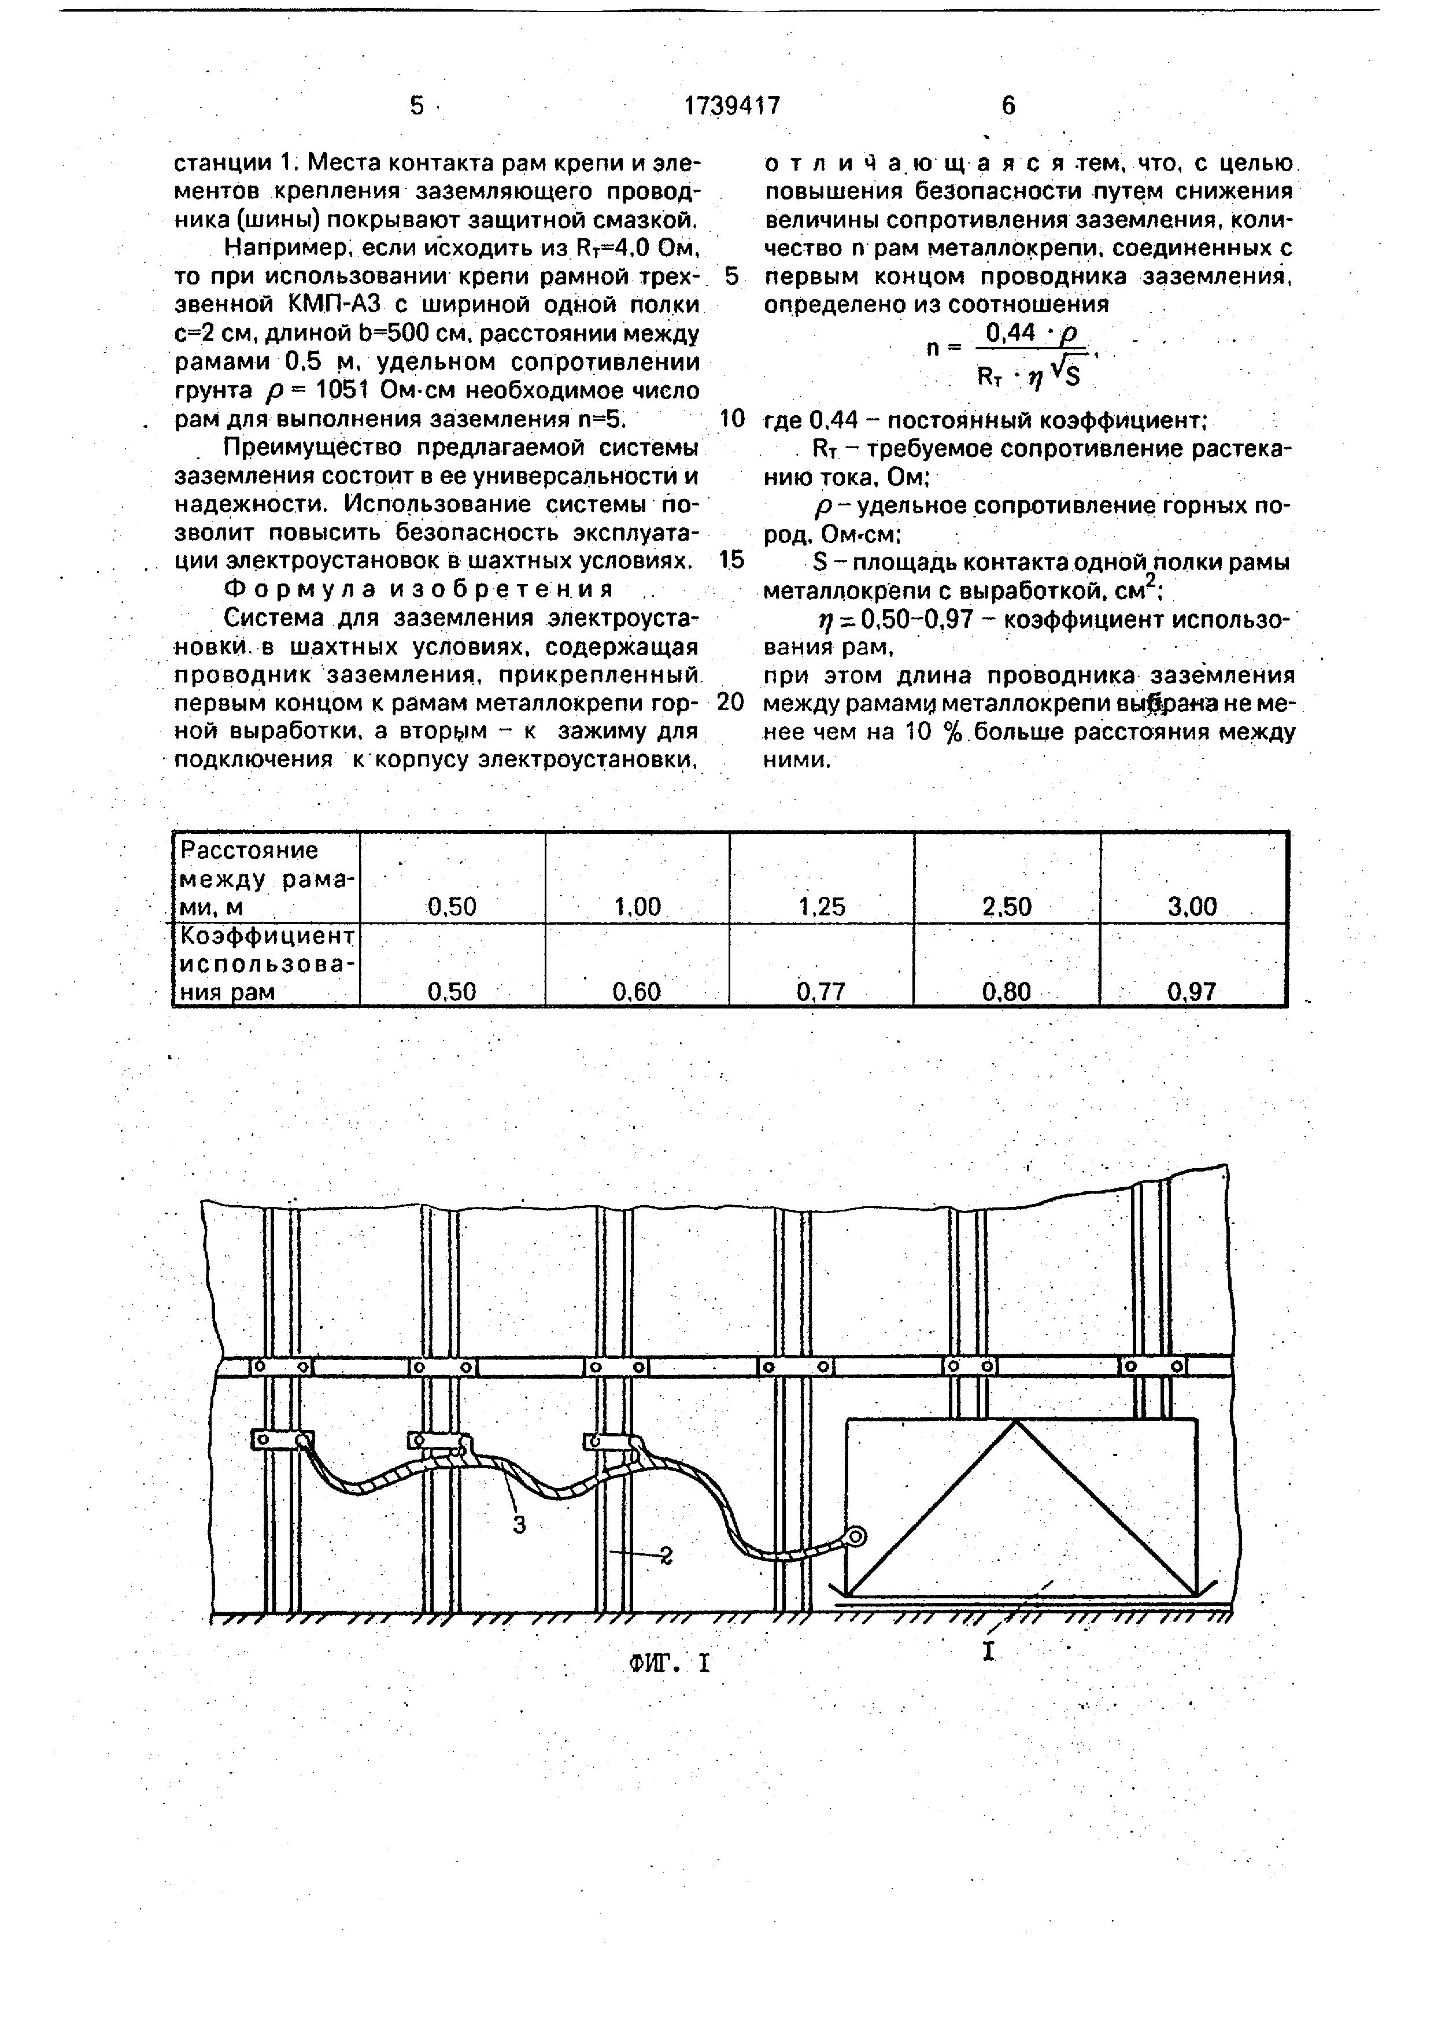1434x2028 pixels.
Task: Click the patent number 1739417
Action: [x=732, y=106]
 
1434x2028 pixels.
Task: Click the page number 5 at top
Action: [x=417, y=106]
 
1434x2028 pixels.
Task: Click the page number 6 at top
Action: [x=1008, y=106]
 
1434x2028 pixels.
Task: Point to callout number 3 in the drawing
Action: [x=519, y=1524]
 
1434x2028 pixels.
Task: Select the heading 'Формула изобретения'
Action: [x=419, y=589]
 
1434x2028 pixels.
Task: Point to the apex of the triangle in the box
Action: [x=1017, y=1421]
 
